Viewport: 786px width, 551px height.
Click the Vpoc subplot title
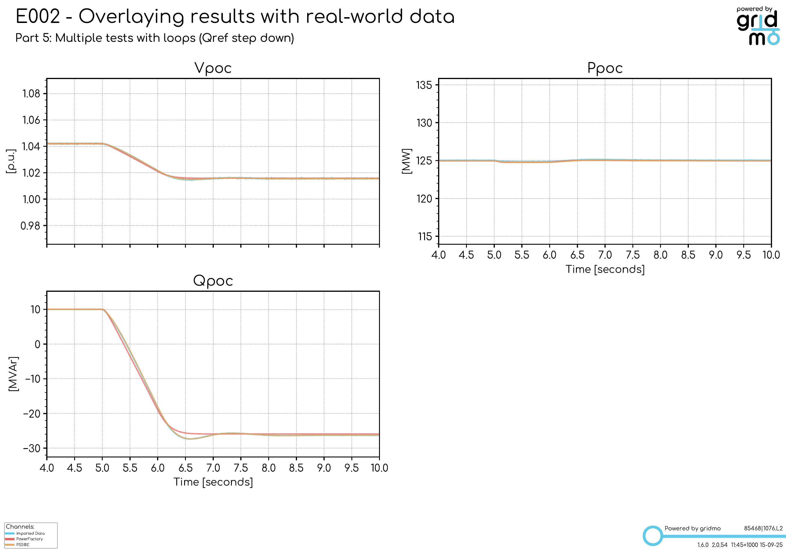pos(213,68)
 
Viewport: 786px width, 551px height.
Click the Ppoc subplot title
pos(604,68)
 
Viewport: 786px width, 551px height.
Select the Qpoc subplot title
pos(213,281)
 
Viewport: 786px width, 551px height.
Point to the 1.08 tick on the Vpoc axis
pos(31,93)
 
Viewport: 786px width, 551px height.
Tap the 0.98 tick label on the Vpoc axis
pos(30,226)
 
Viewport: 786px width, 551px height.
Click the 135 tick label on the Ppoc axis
pos(424,85)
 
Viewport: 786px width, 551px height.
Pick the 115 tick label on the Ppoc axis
pos(424,236)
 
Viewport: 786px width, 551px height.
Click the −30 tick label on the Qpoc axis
pos(31,448)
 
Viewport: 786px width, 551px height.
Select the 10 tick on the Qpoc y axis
pos(35,310)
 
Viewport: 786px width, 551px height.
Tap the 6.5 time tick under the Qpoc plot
pos(186,468)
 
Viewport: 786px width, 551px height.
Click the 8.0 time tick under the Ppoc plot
pos(660,255)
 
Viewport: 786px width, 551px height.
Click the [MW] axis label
pos(406,161)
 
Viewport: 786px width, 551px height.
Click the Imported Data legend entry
pos(30,533)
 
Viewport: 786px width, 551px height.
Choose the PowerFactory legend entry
pos(29,539)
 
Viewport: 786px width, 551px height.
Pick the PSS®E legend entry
pos(23,545)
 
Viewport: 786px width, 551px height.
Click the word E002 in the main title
pos(38,16)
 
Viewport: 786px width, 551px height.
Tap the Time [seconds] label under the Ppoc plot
pos(605,269)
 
